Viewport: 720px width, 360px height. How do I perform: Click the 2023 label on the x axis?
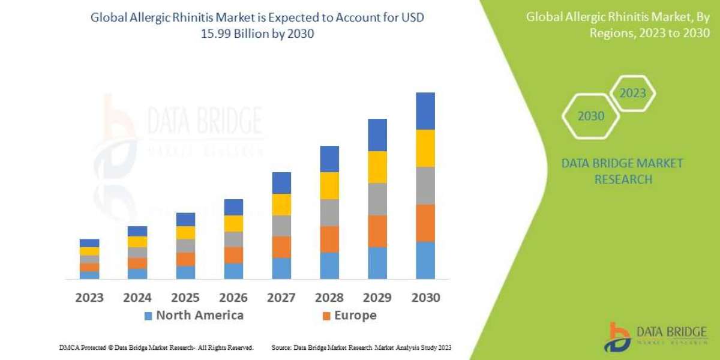coord(89,298)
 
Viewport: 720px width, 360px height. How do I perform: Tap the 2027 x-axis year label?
coord(281,298)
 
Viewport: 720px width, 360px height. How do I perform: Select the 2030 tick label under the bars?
coord(425,298)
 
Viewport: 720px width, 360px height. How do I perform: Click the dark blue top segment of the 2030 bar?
coord(425,111)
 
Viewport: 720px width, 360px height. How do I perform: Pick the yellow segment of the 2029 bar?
coord(377,167)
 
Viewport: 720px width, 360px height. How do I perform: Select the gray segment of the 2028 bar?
coord(329,212)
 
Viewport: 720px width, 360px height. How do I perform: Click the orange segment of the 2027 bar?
coord(281,247)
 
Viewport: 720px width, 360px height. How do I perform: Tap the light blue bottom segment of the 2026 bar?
coord(233,271)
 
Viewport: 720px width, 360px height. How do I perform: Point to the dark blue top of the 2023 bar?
coord(89,243)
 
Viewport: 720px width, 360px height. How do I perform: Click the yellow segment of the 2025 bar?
coord(185,233)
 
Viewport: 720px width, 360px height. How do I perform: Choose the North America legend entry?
coord(193,316)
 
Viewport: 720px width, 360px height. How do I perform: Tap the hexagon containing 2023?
coord(632,94)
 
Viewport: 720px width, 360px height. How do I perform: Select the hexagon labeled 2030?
coord(590,116)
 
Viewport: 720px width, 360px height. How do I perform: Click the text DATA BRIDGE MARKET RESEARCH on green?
coord(622,171)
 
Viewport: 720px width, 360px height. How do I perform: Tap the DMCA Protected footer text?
coord(156,347)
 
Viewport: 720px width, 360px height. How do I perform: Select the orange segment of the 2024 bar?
coord(137,263)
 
